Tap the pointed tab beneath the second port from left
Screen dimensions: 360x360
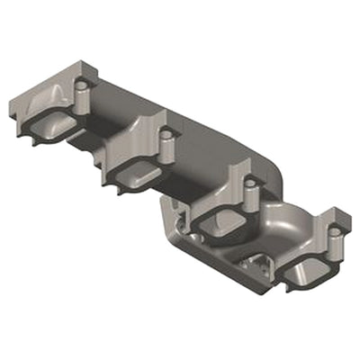point(117,186)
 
